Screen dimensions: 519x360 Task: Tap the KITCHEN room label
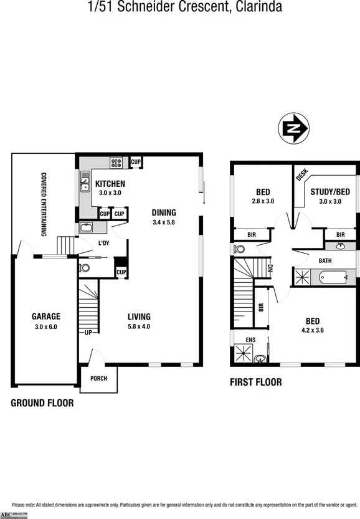pyautogui.click(x=110, y=184)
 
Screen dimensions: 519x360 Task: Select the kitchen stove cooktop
pyautogui.click(x=116, y=163)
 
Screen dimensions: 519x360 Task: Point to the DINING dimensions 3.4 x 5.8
pyautogui.click(x=164, y=222)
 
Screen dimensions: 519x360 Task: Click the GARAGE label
pyautogui.click(x=45, y=317)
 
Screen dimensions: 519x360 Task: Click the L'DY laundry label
pyautogui.click(x=103, y=243)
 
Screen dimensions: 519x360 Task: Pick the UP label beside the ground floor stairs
pyautogui.click(x=88, y=333)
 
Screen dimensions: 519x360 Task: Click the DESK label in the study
pyautogui.click(x=303, y=175)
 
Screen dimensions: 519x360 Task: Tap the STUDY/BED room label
pyautogui.click(x=331, y=192)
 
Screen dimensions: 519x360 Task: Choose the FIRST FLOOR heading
pyautogui.click(x=255, y=383)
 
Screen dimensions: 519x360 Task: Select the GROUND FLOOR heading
pyautogui.click(x=42, y=403)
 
